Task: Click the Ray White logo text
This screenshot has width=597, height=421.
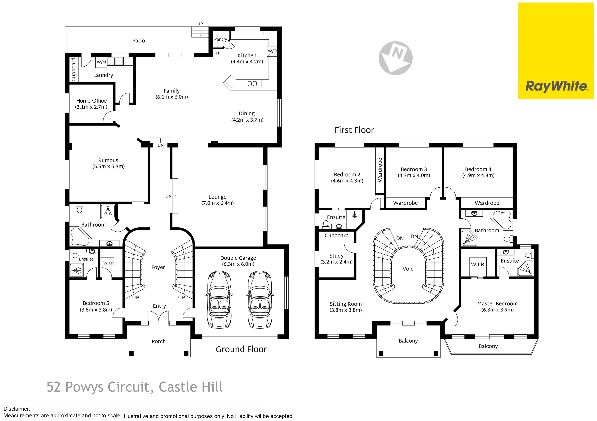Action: point(557,86)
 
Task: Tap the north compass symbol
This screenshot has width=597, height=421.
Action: point(396,58)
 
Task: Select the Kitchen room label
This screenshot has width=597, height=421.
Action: point(247,55)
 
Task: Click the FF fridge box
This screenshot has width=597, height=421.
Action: point(218,53)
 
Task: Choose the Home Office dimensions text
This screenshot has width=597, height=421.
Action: point(91,107)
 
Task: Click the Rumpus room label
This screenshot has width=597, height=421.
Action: point(108,160)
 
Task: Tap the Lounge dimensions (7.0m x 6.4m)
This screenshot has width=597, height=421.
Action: point(218,203)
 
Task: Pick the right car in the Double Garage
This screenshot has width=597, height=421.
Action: point(260,300)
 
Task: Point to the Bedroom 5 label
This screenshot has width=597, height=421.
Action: point(96,303)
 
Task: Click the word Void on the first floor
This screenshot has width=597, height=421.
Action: point(408,269)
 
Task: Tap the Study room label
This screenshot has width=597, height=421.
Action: point(336,256)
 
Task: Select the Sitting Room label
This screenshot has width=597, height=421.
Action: point(346,304)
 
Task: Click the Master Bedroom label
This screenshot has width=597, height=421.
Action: point(497,304)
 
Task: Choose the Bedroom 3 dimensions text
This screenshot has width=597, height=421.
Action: point(414,176)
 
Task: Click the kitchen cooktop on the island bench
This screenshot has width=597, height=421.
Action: point(252,83)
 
